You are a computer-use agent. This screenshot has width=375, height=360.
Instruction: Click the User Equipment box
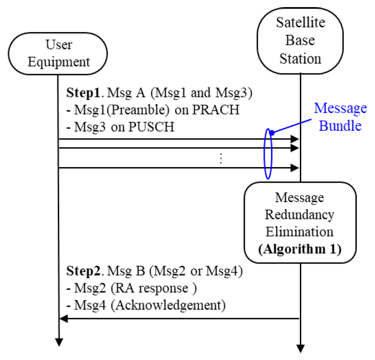tap(59, 53)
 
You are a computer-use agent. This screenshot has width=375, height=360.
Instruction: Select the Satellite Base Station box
tap(300, 40)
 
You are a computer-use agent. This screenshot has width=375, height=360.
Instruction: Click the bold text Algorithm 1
tap(300, 249)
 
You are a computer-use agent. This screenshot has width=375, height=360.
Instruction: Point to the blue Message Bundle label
tap(340, 116)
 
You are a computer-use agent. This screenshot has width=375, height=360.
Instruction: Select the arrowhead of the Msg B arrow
tap(64, 318)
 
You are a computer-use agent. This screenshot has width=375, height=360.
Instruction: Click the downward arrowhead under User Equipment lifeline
tap(59, 342)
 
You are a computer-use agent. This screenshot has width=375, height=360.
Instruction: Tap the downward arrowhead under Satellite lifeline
tap(301, 348)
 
